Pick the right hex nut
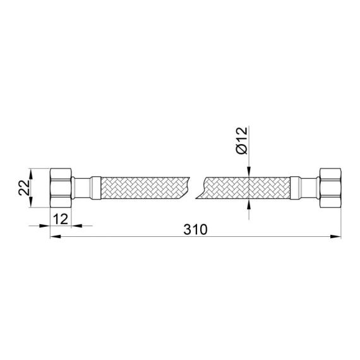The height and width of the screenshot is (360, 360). pos(330,187)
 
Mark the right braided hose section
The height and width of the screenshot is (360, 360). pos(246,187)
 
